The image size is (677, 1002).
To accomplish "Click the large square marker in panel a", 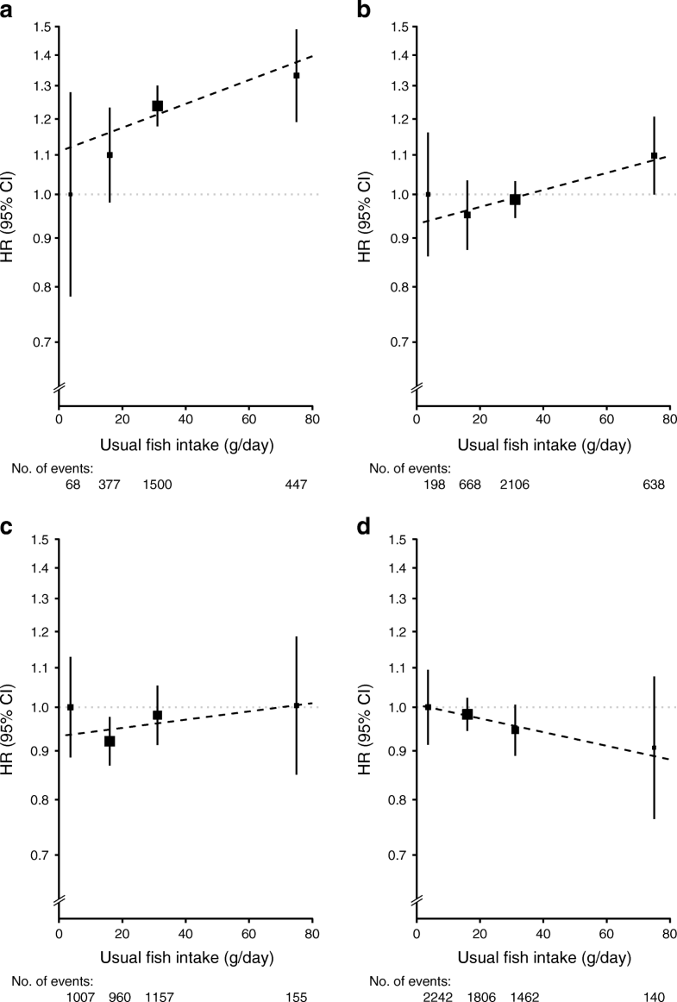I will (x=158, y=106).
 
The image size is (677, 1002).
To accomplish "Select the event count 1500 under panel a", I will (x=158, y=485).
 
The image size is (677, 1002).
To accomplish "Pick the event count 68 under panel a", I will (x=72, y=485).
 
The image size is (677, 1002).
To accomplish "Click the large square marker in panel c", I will (x=110, y=741).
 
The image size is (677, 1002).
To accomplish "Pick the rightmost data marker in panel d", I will (x=654, y=748).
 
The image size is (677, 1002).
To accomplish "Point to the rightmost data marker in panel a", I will (x=296, y=76).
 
